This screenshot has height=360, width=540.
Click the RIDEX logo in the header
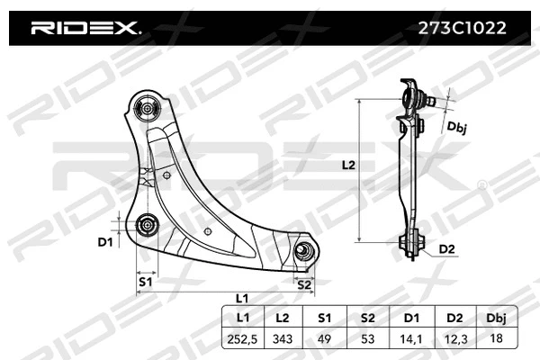(x=85, y=28)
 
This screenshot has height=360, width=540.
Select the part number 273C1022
(x=462, y=28)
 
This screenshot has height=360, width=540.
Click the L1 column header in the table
(x=242, y=318)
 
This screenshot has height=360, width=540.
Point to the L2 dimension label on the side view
(x=350, y=166)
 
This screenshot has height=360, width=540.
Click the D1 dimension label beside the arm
(x=105, y=242)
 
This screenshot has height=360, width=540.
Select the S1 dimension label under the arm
(x=145, y=283)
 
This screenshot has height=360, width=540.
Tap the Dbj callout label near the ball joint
(x=457, y=128)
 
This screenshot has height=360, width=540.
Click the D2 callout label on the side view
(x=446, y=249)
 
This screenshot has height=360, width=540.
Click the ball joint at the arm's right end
(x=305, y=250)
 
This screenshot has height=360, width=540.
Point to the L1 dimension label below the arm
(x=241, y=298)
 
